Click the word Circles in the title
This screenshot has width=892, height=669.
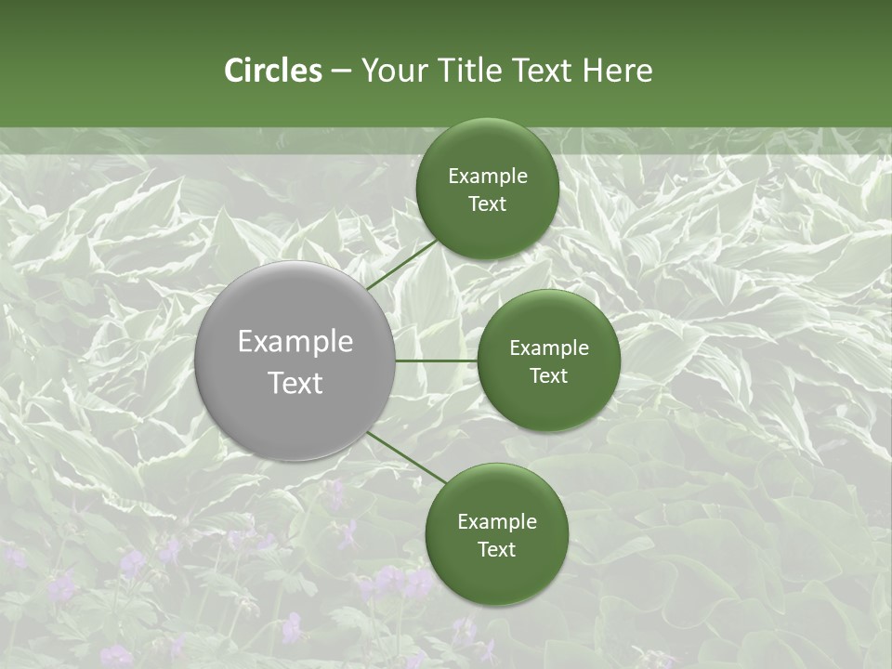[272, 71]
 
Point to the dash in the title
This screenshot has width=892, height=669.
[341, 72]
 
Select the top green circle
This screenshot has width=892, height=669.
[487, 190]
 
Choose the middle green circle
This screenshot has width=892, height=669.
[548, 361]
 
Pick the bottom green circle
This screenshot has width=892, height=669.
[496, 534]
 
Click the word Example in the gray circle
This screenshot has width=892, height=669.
[295, 342]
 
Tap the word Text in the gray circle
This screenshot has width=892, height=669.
[295, 383]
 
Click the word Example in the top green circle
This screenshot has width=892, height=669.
[487, 177]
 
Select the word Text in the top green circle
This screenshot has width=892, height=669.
[487, 204]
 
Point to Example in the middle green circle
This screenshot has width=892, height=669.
[548, 348]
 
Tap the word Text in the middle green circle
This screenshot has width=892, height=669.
[548, 376]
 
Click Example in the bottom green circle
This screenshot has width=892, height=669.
[496, 522]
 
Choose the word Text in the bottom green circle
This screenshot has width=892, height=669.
[496, 550]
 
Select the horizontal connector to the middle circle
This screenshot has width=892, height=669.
[437, 361]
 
